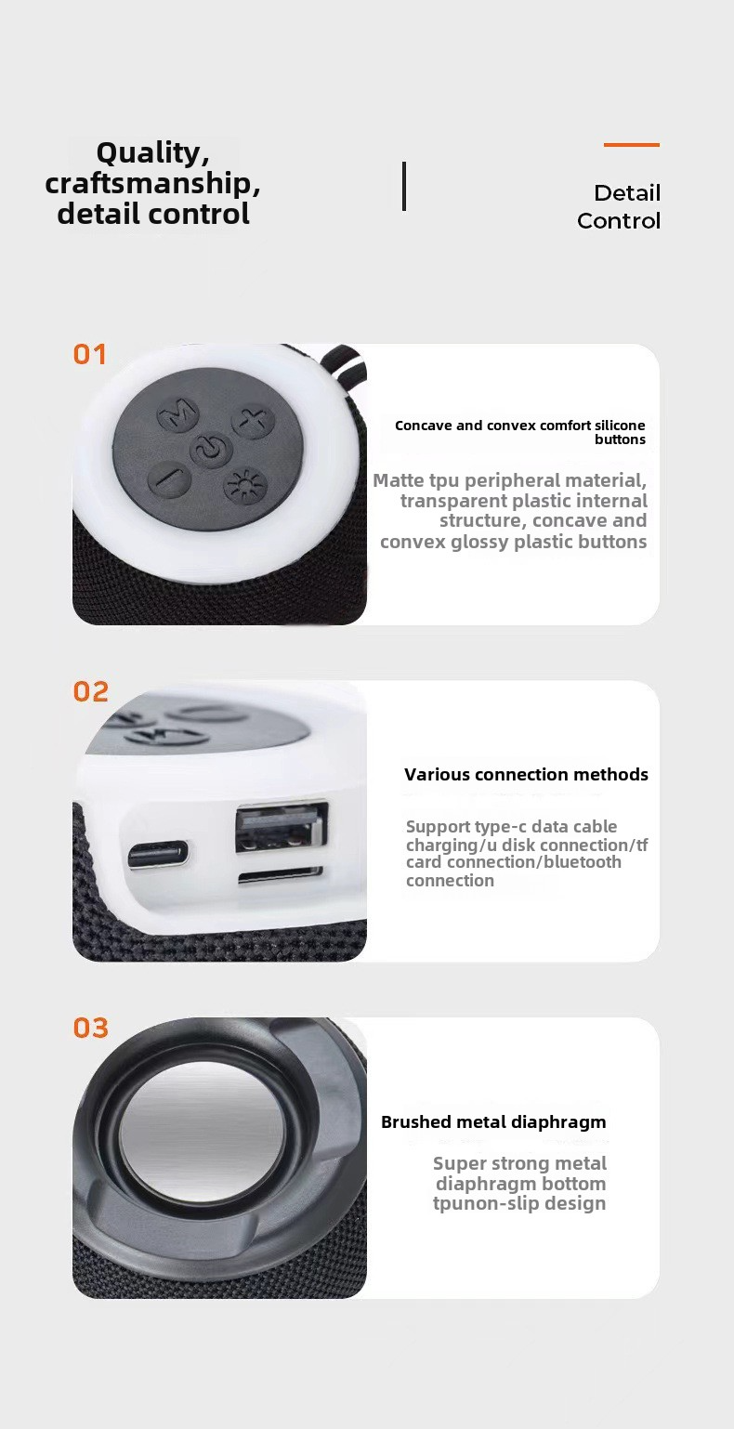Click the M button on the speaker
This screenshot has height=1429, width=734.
click(177, 413)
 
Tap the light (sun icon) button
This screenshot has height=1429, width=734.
click(244, 487)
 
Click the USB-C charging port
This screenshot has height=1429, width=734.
click(158, 854)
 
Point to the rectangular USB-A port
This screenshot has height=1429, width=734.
click(282, 828)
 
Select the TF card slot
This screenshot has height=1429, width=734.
click(280, 876)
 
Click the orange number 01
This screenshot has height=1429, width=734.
click(89, 355)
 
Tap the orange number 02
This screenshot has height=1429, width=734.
click(90, 691)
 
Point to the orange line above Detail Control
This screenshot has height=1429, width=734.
click(631, 145)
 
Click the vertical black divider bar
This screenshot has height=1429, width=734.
click(403, 186)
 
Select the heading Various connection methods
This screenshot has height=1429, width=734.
click(526, 775)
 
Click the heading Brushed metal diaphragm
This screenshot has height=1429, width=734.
click(493, 1122)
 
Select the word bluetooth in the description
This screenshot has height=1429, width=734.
click(583, 862)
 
